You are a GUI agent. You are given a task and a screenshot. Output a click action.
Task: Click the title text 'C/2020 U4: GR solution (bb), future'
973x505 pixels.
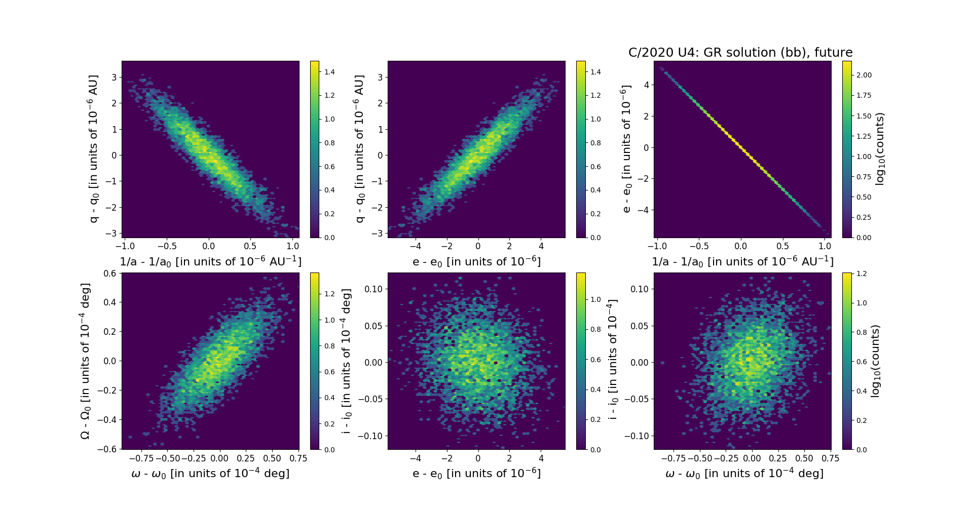tap(740, 53)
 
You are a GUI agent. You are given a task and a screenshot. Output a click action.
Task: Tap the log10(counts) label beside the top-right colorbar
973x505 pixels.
tap(880, 149)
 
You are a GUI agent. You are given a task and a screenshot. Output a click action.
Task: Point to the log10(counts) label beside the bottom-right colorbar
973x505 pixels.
tap(875, 361)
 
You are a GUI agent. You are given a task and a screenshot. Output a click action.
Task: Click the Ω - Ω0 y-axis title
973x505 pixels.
tap(85, 361)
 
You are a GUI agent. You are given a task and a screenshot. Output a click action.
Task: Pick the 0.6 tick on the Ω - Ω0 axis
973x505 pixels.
tap(109, 274)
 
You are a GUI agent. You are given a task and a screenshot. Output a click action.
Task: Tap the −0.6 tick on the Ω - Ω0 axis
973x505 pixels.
tap(107, 449)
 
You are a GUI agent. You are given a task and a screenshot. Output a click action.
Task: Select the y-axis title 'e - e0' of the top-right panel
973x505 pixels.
tap(627, 149)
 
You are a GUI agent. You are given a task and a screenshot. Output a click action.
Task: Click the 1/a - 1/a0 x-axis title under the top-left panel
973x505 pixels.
tap(210, 262)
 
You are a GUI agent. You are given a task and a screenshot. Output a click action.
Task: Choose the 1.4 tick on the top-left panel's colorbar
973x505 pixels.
tap(329, 72)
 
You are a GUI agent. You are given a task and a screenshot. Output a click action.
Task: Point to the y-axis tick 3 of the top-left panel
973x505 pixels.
tap(115, 77)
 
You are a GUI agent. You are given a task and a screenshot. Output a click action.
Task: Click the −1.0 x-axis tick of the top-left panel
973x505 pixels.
tap(125, 247)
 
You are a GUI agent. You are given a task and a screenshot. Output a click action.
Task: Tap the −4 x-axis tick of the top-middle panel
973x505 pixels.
tap(416, 247)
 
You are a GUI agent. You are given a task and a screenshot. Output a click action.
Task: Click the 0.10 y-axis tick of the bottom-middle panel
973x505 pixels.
tap(373, 289)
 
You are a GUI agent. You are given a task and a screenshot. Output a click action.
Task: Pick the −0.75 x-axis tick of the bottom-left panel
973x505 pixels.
tap(141, 458)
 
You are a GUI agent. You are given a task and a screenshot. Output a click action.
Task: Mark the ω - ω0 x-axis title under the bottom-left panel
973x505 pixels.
tap(210, 474)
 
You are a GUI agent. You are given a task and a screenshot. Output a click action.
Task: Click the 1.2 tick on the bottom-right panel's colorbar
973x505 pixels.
tap(861, 274)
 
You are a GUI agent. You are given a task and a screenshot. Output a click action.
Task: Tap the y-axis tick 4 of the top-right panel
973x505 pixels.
tap(647, 85)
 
